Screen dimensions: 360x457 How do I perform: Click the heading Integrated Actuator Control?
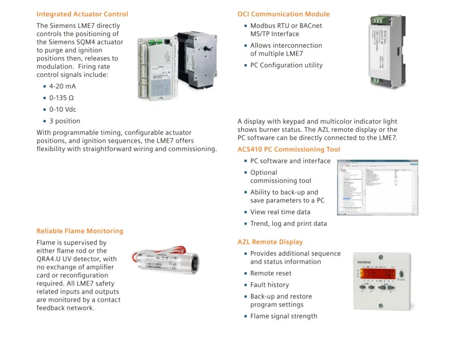82,14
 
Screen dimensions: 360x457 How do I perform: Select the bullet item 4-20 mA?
62,86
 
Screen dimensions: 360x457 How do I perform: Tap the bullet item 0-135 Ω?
61,98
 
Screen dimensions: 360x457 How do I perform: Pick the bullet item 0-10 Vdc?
62,109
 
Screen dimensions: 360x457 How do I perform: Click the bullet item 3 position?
65,121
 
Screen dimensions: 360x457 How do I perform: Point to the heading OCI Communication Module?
283,14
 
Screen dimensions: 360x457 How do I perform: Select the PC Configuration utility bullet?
286,65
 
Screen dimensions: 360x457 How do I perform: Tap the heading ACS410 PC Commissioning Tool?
288,149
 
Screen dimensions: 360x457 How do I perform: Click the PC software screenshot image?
377,187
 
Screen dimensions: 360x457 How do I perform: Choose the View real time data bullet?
280,212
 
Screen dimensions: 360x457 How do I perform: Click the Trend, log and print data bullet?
288,223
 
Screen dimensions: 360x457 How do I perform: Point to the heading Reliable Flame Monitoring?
79,231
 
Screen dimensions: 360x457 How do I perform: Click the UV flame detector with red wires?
166,260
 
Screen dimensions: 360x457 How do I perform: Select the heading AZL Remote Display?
270,242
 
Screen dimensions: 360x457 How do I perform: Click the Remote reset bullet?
270,273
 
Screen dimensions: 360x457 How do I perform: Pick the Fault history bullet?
269,285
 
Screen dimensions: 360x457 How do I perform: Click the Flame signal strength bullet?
283,316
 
